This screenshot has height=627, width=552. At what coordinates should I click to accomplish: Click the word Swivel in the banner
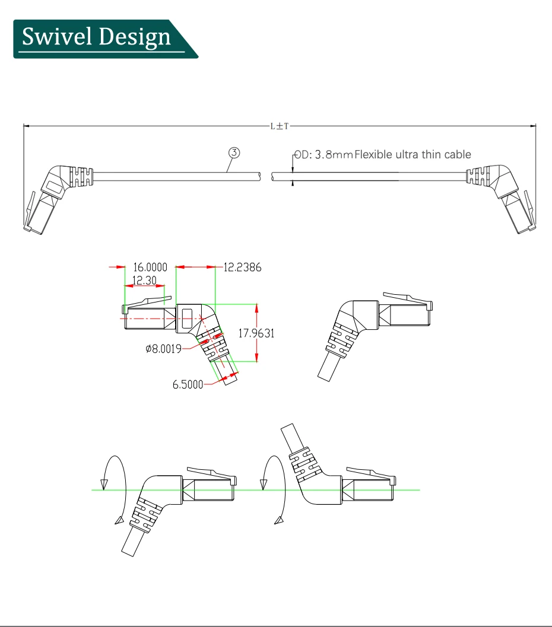(x=49, y=37)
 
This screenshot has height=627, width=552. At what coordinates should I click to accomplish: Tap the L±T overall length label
(x=279, y=126)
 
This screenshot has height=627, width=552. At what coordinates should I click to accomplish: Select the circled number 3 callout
(x=234, y=152)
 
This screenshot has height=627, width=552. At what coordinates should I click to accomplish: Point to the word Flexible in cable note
(x=375, y=155)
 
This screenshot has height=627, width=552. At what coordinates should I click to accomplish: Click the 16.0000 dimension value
(x=150, y=268)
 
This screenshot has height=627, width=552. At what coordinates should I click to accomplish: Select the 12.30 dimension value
(x=144, y=281)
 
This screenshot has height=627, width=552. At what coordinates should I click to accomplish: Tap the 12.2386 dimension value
(x=242, y=268)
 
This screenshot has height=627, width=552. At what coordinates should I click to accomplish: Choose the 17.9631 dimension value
(x=256, y=333)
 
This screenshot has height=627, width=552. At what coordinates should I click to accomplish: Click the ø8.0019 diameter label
(x=163, y=349)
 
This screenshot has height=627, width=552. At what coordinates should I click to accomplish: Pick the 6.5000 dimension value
(x=188, y=384)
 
